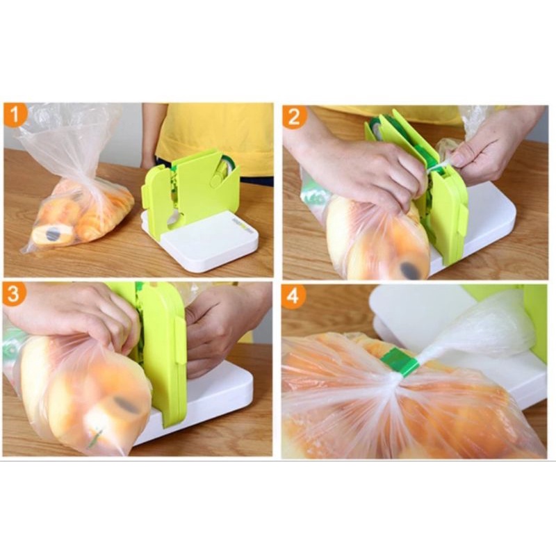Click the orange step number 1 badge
(15, 115)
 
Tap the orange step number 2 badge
(294, 117)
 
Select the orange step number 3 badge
(14, 293)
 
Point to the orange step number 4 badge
(293, 295)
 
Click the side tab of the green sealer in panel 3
(180, 340)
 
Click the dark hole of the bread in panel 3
(126, 405)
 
